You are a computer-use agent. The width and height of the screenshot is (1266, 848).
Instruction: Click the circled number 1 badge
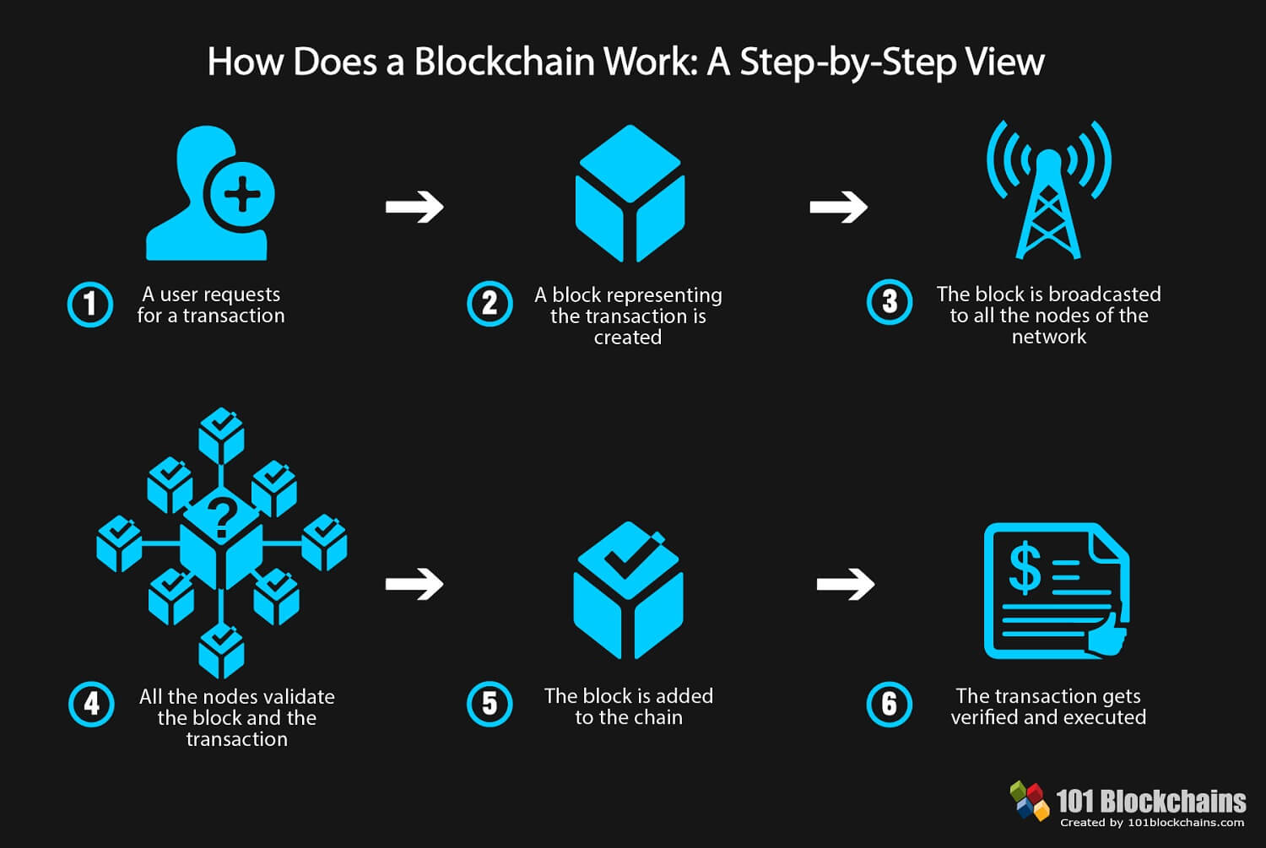90,305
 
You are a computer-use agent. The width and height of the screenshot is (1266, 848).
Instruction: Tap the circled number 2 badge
490,304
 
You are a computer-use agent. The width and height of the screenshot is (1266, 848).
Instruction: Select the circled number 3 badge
890,302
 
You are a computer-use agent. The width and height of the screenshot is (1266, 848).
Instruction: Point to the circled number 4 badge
91,705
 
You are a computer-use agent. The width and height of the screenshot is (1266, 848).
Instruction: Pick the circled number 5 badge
490,705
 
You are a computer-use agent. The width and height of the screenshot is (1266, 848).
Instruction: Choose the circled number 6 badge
890,705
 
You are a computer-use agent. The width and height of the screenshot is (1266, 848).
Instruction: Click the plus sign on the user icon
242,196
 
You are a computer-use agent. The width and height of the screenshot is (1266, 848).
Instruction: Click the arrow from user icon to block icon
414,207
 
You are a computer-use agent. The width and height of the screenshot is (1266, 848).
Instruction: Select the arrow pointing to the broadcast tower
838,207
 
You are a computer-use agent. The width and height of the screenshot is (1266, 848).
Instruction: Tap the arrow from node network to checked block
414,583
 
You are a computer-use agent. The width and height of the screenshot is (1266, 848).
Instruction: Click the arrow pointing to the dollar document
846,583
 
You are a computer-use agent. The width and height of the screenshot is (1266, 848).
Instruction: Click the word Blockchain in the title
504,62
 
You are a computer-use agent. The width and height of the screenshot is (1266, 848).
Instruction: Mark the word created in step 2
627,338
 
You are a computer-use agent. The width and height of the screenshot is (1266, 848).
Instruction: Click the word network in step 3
1048,337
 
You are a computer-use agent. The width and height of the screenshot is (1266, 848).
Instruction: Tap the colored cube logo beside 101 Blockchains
1029,800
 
